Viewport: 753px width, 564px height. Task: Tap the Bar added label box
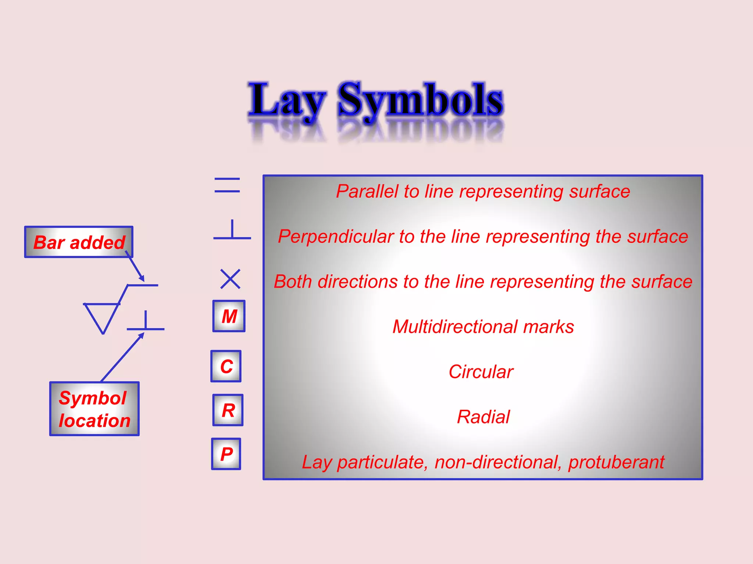79,242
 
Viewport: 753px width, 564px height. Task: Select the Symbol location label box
94,409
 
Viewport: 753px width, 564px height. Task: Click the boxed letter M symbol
229,316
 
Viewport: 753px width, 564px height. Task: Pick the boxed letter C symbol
226,366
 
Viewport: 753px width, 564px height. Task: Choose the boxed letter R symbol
228,410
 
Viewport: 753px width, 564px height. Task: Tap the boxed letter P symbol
226,454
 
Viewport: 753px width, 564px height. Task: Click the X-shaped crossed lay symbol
230,279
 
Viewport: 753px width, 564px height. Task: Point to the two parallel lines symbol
227,185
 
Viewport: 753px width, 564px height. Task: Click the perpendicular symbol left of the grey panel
232,231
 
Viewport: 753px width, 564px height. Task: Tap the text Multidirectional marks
483,327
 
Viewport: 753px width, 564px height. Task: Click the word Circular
481,372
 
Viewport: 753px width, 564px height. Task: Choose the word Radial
483,417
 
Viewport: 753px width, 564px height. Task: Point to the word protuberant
616,462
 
